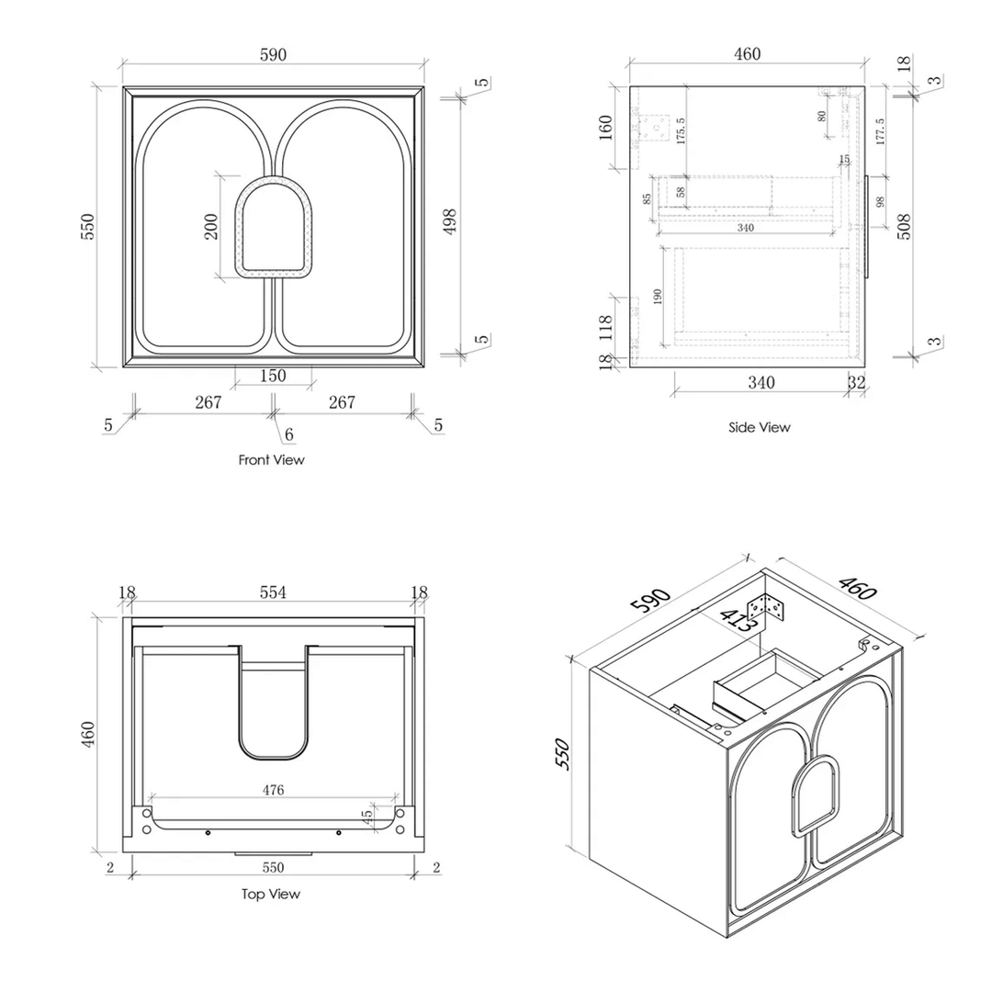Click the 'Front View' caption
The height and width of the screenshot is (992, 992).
click(271, 459)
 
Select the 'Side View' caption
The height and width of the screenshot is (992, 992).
click(760, 427)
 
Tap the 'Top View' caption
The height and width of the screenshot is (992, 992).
click(271, 894)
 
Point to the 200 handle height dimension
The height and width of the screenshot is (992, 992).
click(210, 226)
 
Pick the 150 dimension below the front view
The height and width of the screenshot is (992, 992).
click(273, 376)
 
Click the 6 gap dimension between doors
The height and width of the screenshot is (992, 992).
click(288, 434)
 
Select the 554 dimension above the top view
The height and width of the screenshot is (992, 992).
click(273, 593)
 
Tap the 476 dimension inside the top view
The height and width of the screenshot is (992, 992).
click(273, 790)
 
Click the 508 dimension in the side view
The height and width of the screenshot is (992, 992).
click(904, 225)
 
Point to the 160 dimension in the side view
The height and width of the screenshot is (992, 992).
click(605, 128)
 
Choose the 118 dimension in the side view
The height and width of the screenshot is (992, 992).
click(605, 328)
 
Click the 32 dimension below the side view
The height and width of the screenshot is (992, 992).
click(857, 382)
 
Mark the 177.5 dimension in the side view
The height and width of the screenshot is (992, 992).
click(880, 131)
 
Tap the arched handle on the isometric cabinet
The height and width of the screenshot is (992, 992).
click(816, 795)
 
